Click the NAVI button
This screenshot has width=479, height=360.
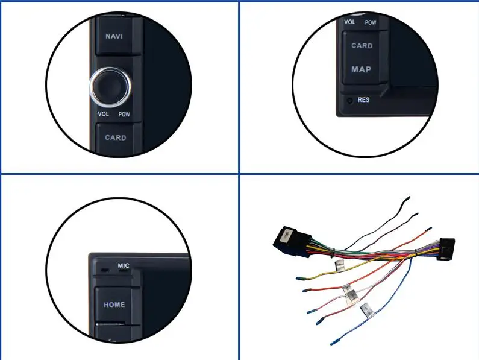point(114,36)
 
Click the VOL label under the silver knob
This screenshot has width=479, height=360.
point(103,114)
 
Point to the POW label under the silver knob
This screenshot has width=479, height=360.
point(124,114)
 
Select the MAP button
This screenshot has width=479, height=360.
point(362,69)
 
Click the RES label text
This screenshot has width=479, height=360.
point(363,100)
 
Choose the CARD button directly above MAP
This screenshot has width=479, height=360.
point(362,46)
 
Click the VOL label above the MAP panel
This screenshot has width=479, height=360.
point(349,22)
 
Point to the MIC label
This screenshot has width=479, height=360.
point(124,265)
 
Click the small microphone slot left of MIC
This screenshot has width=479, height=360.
point(105,269)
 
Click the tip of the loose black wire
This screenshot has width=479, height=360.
point(407,198)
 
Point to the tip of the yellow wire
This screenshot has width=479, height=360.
point(298,278)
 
